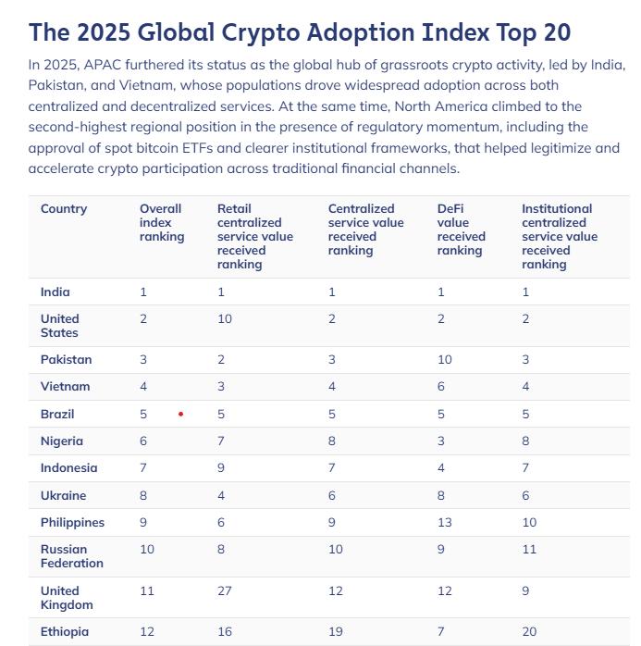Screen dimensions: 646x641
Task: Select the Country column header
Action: pos(64,209)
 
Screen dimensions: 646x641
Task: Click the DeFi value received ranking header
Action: pos(460,230)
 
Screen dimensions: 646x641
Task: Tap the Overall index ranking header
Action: pos(161,223)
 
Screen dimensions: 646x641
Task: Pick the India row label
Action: pos(55,292)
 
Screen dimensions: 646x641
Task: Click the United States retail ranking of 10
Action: pos(225,319)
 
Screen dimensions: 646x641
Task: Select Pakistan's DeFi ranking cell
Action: pos(444,360)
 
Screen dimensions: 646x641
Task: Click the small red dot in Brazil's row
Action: pos(180,415)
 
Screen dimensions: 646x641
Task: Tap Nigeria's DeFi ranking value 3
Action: pos(441,441)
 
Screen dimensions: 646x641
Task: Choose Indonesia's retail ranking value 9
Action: pos(221,468)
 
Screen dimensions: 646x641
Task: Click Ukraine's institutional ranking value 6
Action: pos(525,496)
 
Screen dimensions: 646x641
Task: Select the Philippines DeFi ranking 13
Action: pos(444,523)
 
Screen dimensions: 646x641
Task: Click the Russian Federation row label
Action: pos(71,556)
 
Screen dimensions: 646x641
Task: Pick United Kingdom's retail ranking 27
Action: pos(225,591)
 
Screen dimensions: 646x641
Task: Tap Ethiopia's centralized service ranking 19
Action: pos(335,632)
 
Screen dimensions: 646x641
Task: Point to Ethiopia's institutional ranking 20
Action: pos(529,632)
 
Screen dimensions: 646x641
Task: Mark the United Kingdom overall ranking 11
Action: pos(147,591)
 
